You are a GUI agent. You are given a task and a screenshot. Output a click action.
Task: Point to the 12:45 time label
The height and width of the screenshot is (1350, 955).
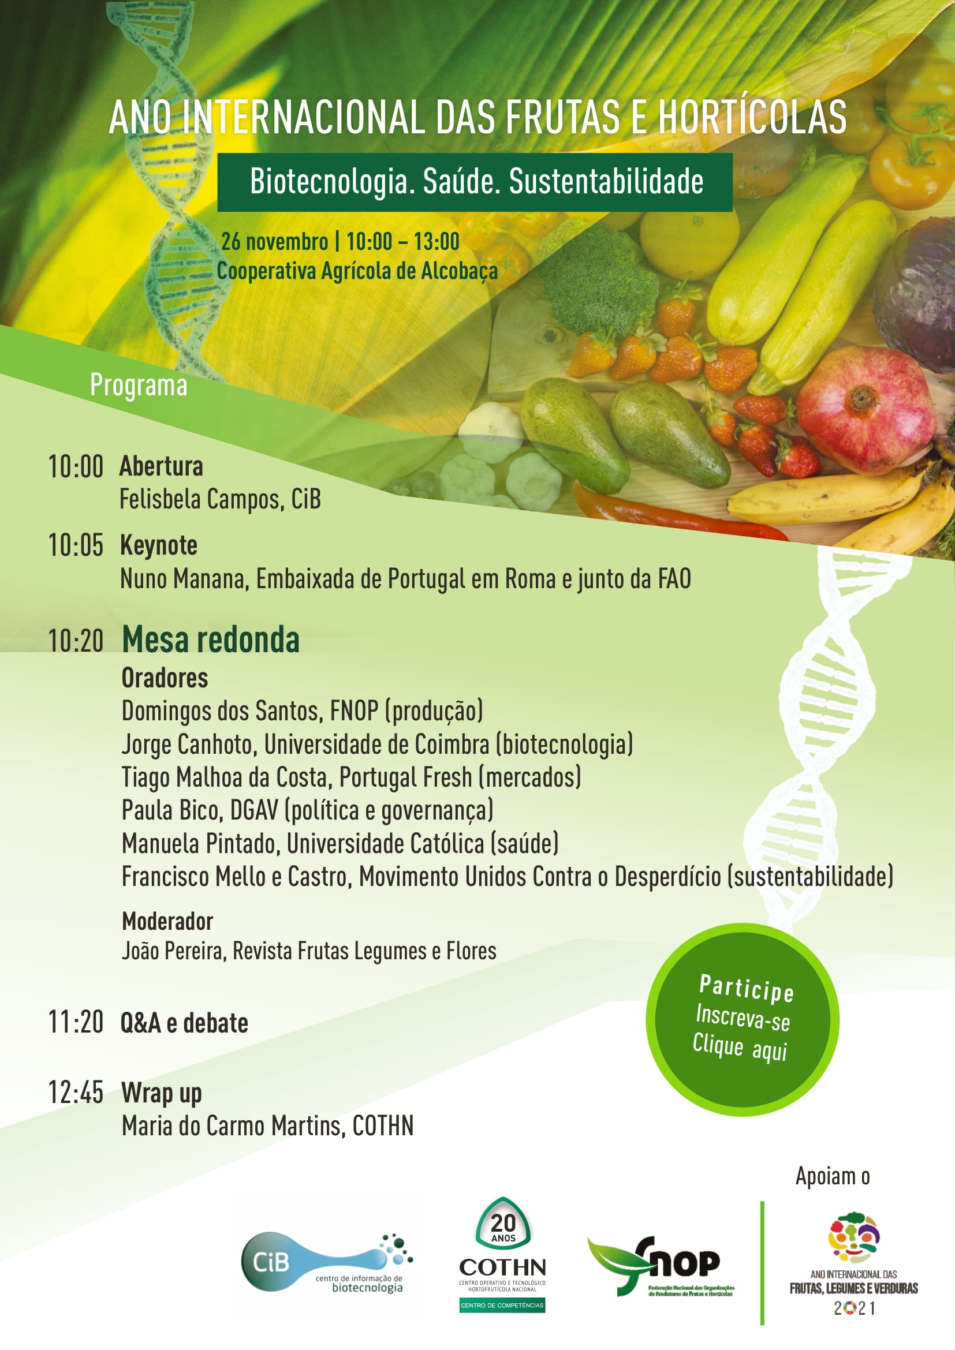click(76, 1093)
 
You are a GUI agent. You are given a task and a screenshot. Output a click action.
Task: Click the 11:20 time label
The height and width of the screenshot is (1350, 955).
click(76, 1022)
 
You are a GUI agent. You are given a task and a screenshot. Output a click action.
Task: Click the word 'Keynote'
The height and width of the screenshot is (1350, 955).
click(159, 545)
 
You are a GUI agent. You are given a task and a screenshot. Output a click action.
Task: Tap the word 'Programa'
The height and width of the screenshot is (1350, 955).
click(139, 386)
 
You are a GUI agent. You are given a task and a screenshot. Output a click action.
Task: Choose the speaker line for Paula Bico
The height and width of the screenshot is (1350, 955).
click(308, 810)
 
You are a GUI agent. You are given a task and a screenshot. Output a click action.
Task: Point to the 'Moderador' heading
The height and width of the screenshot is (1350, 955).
click(167, 921)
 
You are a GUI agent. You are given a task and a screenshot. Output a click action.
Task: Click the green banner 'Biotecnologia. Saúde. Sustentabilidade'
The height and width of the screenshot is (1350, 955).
click(475, 182)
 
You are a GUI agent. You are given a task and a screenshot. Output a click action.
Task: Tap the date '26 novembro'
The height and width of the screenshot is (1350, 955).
click(275, 242)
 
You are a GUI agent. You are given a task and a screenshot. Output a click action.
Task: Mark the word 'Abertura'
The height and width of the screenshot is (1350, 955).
click(162, 466)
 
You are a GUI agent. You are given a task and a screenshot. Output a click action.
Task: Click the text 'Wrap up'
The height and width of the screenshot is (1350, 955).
click(162, 1094)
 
